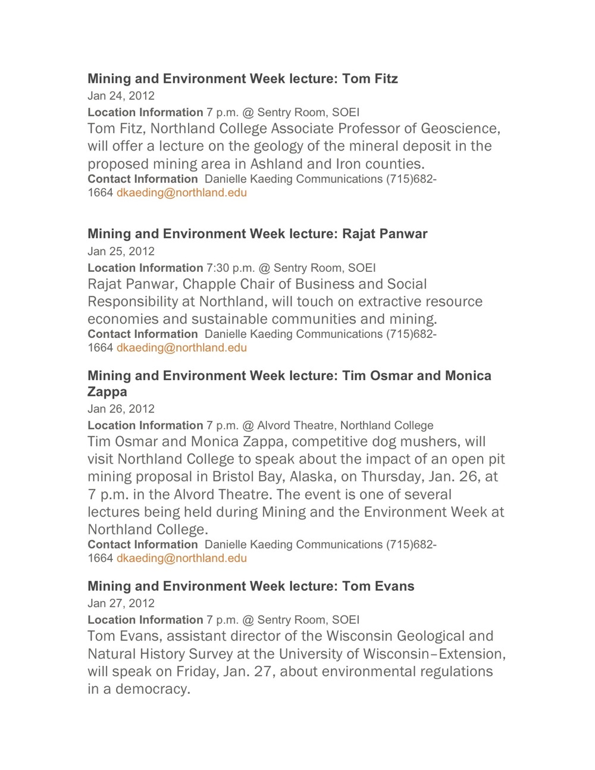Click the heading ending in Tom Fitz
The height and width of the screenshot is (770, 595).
(242, 79)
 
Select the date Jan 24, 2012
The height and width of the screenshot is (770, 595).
(121, 96)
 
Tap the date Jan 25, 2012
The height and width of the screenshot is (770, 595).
(121, 251)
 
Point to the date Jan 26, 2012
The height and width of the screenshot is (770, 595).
(121, 409)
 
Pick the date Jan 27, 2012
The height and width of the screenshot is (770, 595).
(121, 603)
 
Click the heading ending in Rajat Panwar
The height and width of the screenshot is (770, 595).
(257, 234)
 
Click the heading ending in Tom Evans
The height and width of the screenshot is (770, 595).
(250, 586)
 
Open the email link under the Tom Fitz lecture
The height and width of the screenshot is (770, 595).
(181, 193)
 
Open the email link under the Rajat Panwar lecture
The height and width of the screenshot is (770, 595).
(181, 348)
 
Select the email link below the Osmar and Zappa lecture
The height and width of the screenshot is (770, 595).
(181, 558)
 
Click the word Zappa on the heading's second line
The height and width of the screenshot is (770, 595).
(107, 392)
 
